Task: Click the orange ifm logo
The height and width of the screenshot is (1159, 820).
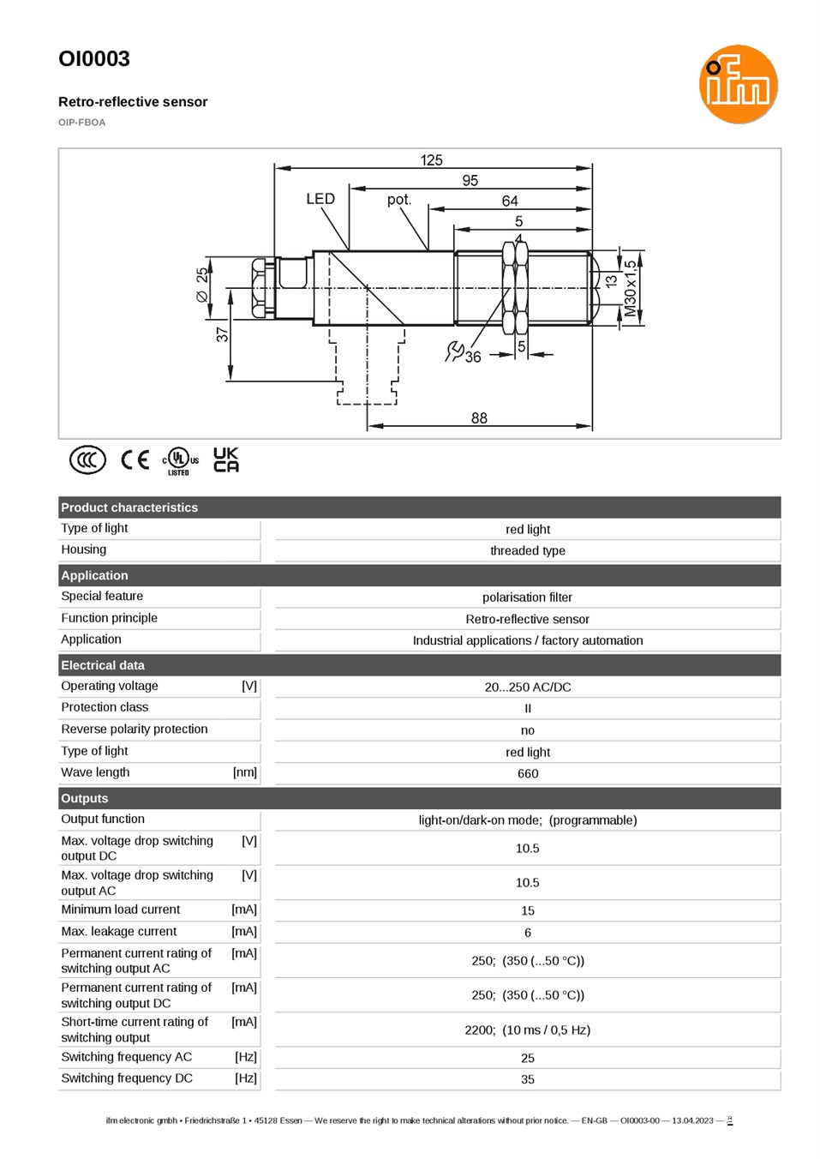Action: (738, 84)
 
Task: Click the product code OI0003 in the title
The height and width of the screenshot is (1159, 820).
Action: (94, 59)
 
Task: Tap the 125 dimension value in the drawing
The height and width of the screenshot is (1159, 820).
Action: (431, 160)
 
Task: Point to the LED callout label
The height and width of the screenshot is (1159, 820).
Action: (320, 199)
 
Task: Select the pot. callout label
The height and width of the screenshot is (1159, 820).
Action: (399, 199)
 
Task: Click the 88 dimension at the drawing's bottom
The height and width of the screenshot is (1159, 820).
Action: (479, 417)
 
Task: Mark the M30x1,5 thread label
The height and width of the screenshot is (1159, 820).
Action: (630, 288)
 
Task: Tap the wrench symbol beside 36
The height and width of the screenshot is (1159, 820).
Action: (454, 351)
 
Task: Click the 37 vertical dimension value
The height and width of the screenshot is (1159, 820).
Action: (222, 334)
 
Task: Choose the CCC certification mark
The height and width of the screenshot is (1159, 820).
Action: (88, 459)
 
